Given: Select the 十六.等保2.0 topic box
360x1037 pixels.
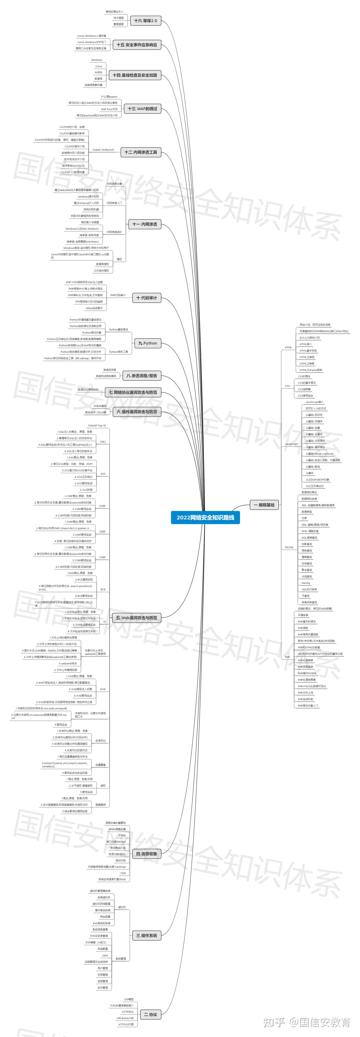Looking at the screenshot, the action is point(145,21).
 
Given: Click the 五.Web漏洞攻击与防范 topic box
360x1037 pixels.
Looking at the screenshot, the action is point(136,617).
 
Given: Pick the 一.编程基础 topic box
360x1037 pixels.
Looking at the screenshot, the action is point(264,505).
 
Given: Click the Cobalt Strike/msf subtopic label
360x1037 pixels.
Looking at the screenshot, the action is point(103,150).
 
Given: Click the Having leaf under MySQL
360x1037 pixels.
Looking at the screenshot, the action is point(306,583).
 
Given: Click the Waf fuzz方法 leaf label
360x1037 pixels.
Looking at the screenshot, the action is point(109,109).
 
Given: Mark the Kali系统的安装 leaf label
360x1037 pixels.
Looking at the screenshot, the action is point(102,923).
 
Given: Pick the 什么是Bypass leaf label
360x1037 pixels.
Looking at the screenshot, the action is point(109,97).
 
